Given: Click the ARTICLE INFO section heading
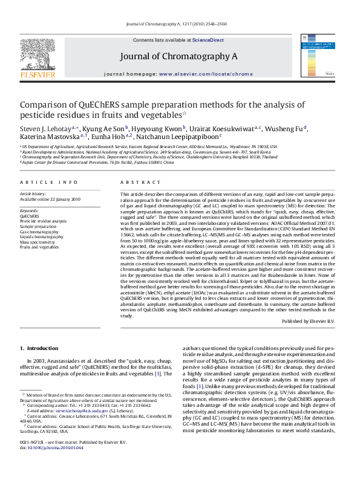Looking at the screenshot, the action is pos(48,182).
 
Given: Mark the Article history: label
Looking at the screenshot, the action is pos(33,193).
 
